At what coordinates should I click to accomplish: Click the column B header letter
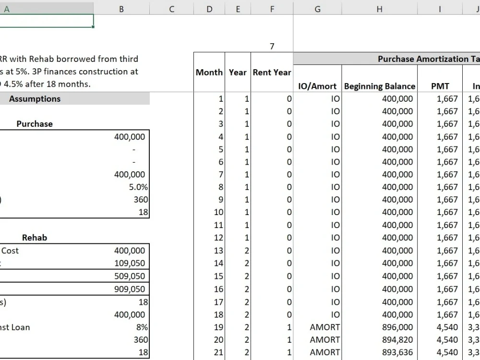[121, 8]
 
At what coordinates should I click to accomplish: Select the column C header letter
[172, 8]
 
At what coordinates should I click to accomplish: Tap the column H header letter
[379, 8]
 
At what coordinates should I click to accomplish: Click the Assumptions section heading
[35, 99]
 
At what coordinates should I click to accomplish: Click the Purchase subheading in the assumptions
[35, 124]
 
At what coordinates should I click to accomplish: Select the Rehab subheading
[35, 238]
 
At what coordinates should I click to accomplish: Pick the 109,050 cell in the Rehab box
[130, 263]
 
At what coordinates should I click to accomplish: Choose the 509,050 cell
[130, 276]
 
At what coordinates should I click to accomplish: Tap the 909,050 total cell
[130, 289]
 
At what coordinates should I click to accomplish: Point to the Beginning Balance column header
[379, 86]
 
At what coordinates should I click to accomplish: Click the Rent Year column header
[272, 72]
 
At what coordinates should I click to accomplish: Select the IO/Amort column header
[317, 86]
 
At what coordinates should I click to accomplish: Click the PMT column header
[440, 86]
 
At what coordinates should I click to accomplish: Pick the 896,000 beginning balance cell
[397, 327]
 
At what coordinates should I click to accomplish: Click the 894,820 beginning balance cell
[397, 340]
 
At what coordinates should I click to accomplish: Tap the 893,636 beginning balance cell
[397, 352]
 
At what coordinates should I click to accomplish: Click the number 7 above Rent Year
[272, 47]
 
